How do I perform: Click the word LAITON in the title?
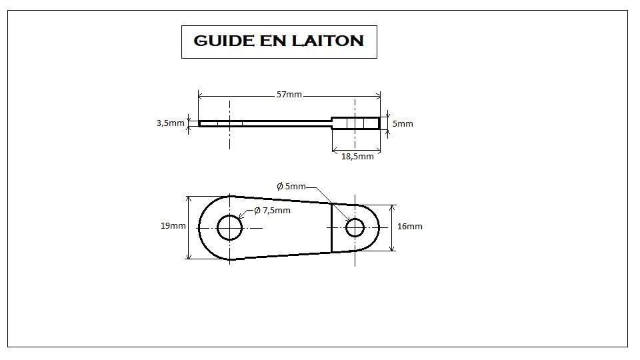coord(327,41)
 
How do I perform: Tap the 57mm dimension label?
coord(289,94)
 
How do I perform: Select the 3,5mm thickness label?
coord(171,123)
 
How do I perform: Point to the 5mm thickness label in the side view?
coord(403,123)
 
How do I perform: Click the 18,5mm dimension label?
coord(357,156)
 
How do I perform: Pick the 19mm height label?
coord(173,226)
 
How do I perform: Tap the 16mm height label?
coord(410,226)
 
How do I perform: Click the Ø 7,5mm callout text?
coord(272,210)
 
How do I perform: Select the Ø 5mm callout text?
coord(291,187)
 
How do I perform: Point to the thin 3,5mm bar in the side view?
coord(265,123)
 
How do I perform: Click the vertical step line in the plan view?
coord(331,227)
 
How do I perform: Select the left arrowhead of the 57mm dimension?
coord(201,96)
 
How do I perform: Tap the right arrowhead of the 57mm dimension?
coord(378,96)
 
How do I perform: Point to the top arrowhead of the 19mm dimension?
coord(189,199)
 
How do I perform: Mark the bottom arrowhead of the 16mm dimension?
coord(393,248)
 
